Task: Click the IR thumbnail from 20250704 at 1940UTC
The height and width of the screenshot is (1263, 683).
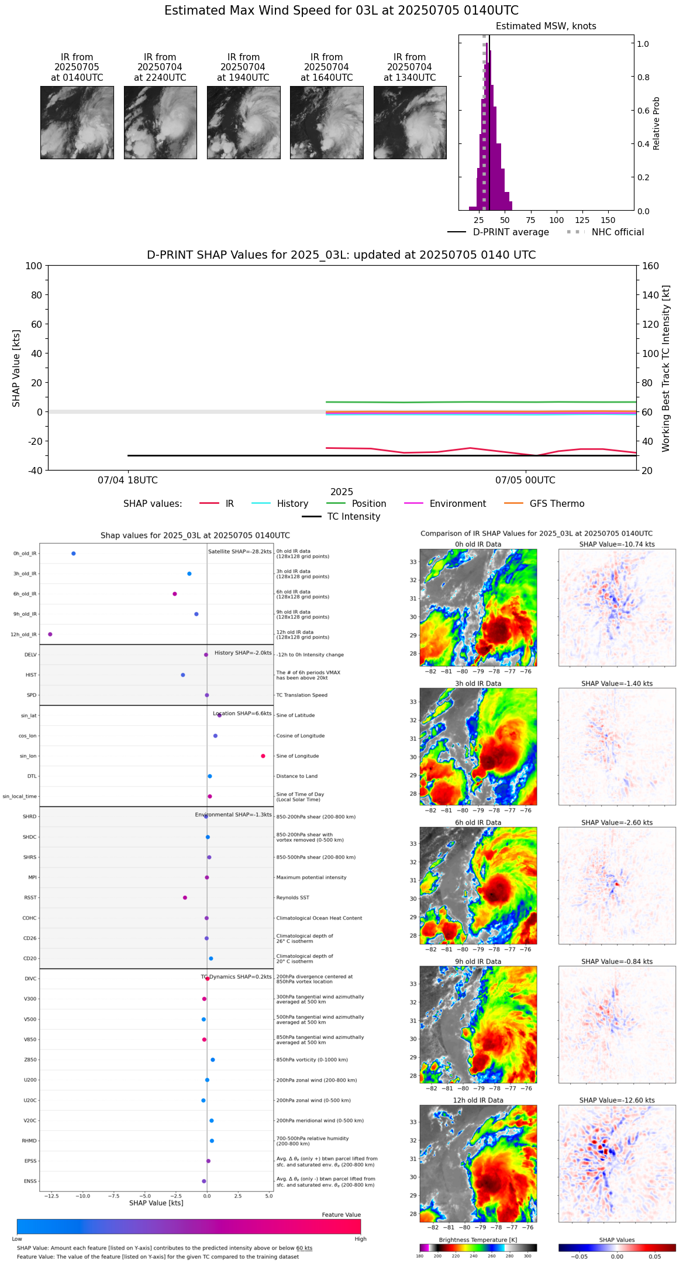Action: (243, 122)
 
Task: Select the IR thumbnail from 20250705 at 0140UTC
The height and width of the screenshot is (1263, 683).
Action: (77, 122)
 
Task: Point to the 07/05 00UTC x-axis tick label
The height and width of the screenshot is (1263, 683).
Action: (525, 481)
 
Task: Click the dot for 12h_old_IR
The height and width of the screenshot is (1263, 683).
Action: (50, 634)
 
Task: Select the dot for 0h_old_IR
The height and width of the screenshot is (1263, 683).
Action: (73, 554)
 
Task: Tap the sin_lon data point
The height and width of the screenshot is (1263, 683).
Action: (263, 756)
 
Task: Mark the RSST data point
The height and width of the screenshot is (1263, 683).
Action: (185, 898)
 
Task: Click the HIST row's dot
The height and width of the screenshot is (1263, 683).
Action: (183, 675)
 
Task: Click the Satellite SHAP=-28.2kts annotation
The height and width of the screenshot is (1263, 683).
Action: (240, 552)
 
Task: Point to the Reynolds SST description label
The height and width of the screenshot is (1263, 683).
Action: (292, 898)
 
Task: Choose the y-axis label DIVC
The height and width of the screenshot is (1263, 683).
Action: (30, 979)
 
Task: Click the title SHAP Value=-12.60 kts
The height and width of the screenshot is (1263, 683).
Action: (617, 1100)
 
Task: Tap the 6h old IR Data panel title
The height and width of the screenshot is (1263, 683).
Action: (478, 822)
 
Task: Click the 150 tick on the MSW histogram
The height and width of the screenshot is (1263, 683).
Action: (608, 221)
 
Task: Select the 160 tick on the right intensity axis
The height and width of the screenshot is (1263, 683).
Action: (650, 266)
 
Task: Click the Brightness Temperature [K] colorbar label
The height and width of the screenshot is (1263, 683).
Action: (478, 1240)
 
